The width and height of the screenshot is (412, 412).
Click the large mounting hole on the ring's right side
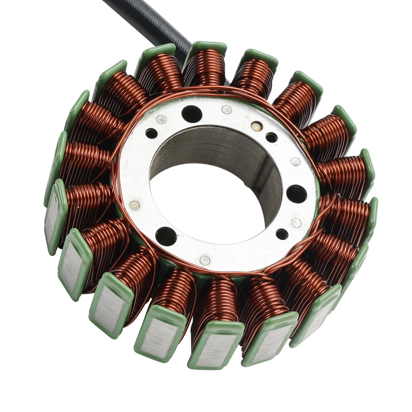(296, 193)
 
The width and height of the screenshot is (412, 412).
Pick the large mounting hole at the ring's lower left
(166, 236)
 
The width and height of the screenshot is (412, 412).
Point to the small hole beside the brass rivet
(271, 138)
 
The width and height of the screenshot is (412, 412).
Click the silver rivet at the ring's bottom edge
(205, 260)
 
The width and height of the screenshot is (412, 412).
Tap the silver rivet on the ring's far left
(135, 205)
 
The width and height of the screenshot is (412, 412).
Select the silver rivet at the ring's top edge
(227, 109)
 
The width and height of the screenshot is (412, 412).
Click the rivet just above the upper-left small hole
(161, 119)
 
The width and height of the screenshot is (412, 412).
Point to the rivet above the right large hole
(295, 162)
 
